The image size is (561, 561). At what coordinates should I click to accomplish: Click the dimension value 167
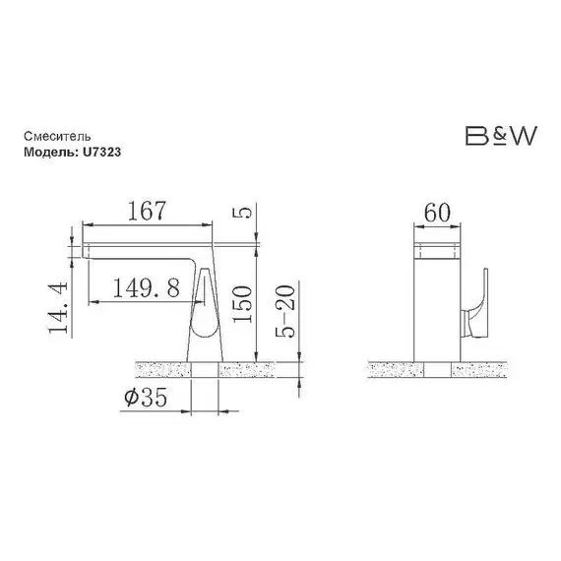click(147, 211)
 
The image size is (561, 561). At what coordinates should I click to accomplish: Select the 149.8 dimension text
click(147, 287)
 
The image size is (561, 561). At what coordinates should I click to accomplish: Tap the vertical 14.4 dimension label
click(58, 308)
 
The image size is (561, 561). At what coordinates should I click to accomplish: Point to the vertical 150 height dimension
click(242, 304)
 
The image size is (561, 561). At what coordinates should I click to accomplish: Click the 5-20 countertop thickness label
click(285, 311)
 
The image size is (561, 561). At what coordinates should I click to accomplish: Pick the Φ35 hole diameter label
click(146, 398)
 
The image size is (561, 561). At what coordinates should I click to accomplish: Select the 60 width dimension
click(437, 213)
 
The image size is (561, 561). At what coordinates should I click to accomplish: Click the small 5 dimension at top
click(242, 213)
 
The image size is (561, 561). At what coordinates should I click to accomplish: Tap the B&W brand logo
click(501, 136)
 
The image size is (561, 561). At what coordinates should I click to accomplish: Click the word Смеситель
click(57, 137)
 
